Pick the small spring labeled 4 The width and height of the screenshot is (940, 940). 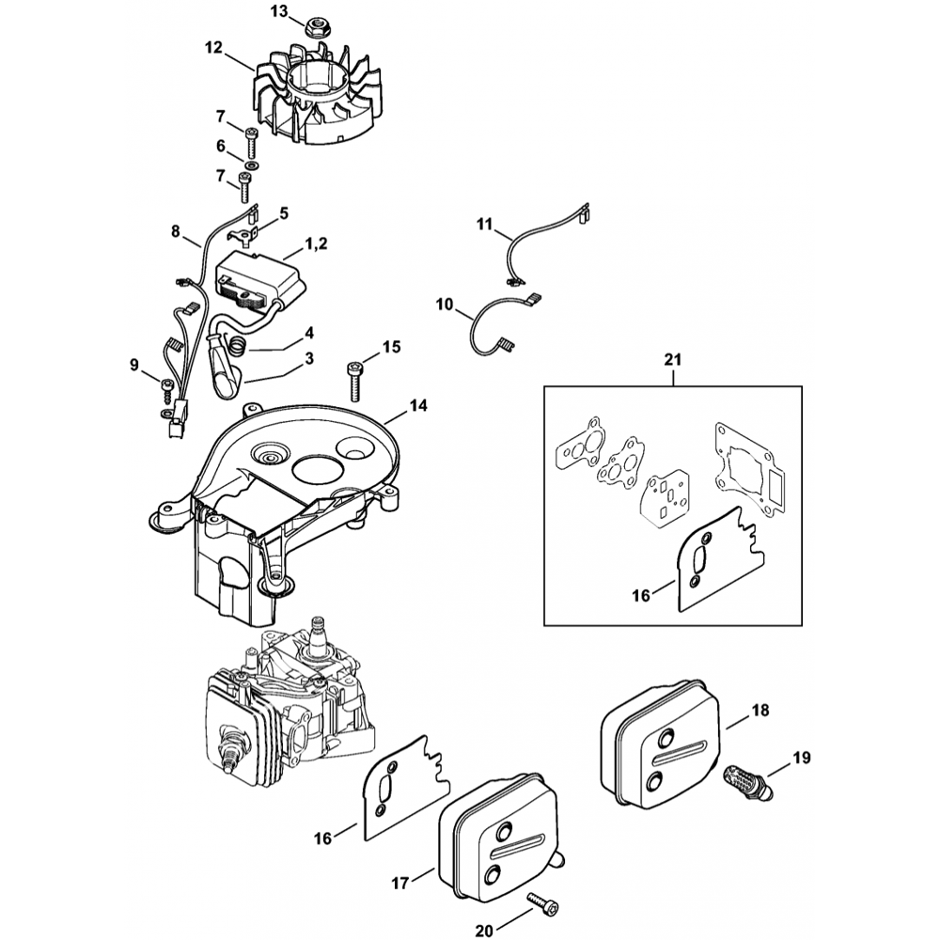241,348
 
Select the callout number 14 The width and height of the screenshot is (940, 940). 417,406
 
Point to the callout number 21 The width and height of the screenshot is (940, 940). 674,359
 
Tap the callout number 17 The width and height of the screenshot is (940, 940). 400,883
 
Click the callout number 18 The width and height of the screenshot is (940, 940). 760,711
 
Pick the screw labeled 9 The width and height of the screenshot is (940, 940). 166,385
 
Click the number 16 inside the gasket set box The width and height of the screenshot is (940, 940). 642,596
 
